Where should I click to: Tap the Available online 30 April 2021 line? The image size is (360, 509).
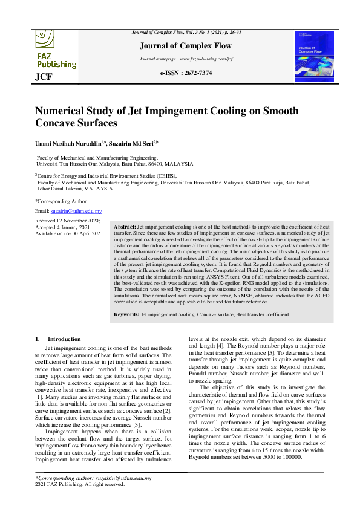pos(70,233)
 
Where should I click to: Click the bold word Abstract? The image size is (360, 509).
pos(125,225)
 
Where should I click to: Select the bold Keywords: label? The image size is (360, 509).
pos(127,314)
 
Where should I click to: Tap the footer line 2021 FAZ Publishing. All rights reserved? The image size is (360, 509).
pos(80,484)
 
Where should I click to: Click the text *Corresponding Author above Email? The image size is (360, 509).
pos(61,201)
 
